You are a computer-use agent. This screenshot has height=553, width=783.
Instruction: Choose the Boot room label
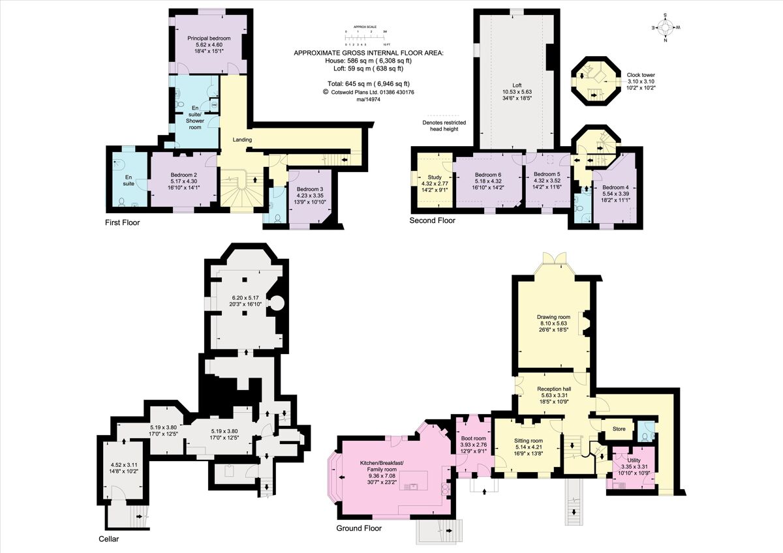(473, 438)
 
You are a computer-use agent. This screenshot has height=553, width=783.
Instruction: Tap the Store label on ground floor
(617, 429)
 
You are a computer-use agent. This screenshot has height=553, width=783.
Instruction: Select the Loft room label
(517, 85)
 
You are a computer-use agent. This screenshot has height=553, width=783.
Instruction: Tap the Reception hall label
(554, 389)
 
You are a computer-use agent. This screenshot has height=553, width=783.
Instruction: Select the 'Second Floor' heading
(432, 220)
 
